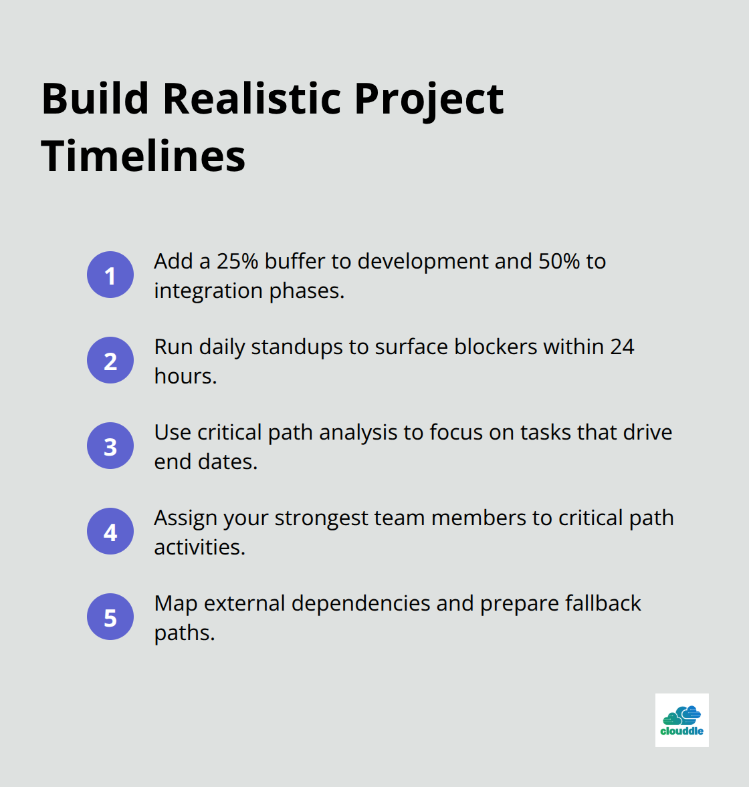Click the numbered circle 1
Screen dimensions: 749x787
tap(110, 275)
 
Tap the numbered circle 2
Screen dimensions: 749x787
tap(110, 360)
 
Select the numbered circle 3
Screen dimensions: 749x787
tap(110, 446)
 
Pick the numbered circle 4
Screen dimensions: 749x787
tap(110, 531)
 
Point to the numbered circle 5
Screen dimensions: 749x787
tap(110, 617)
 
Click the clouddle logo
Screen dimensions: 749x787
tap(681, 720)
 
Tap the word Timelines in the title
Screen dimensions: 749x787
tap(143, 156)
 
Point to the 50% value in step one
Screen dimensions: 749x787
tap(559, 261)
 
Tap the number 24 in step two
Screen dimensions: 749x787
tap(623, 347)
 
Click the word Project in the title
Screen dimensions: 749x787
tap(429, 100)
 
